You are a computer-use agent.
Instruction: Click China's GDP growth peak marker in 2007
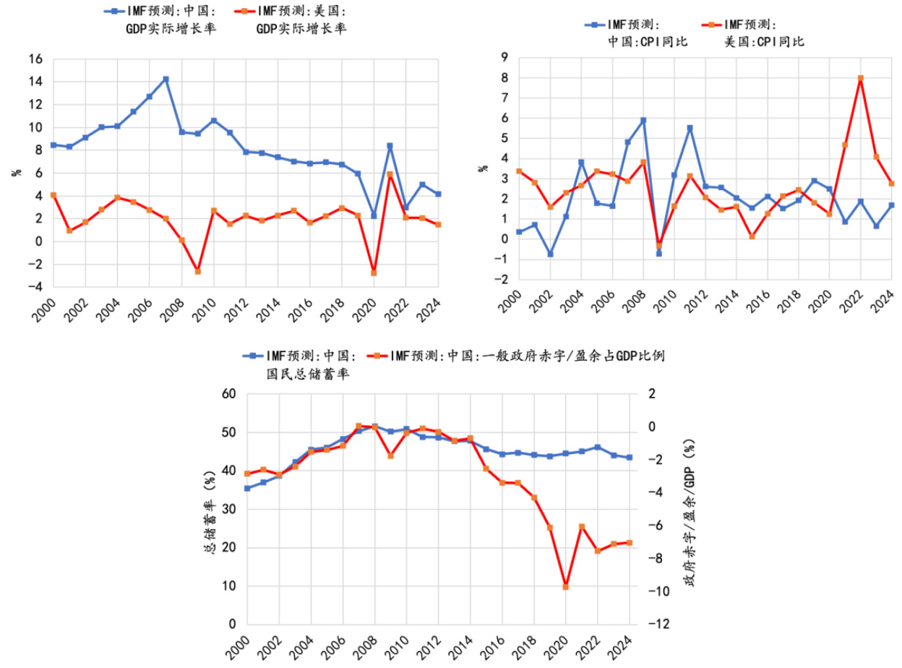click(166, 79)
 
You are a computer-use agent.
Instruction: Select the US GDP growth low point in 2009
click(197, 271)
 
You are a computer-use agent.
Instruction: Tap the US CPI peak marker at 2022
click(861, 78)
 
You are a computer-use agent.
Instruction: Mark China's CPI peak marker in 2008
click(643, 120)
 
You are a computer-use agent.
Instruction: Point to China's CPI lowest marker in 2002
click(551, 254)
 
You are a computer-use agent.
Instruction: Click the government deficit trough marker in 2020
click(565, 586)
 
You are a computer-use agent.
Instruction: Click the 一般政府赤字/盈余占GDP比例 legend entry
click(524, 356)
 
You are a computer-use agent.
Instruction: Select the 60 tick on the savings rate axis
click(229, 394)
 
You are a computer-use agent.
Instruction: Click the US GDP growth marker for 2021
click(390, 174)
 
